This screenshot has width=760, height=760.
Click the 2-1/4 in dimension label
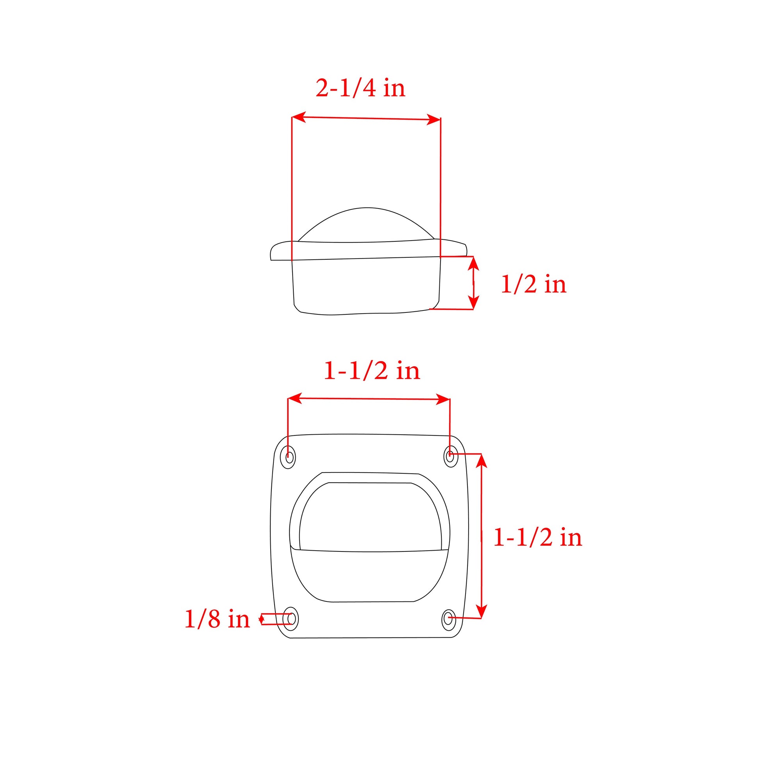[x=360, y=88]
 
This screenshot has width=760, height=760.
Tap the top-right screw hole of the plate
[x=450, y=456]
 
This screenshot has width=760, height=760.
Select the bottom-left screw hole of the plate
[x=291, y=618]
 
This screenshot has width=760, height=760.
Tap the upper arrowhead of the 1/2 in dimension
[x=474, y=263]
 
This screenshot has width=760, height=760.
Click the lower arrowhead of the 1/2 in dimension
[x=474, y=303]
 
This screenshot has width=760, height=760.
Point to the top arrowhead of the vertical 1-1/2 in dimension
[x=482, y=461]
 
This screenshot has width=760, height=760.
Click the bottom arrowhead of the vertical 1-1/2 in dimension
[x=481, y=611]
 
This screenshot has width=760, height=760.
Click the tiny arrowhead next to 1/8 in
[x=261, y=619]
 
